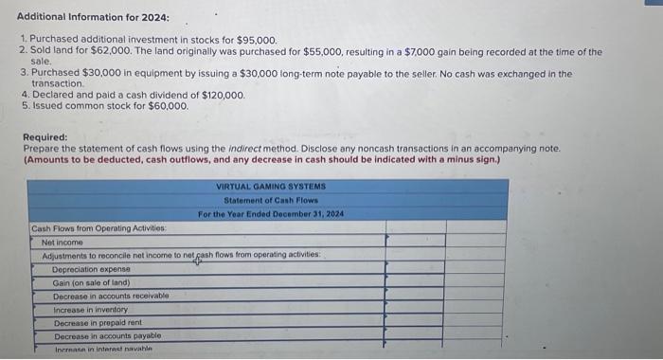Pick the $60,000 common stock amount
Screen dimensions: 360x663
pyautogui.click(x=169, y=106)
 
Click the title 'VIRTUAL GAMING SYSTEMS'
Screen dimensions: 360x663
pyautogui.click(x=271, y=187)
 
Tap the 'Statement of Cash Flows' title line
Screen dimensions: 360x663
pyautogui.click(x=271, y=200)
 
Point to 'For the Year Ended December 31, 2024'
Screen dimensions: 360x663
pyautogui.click(x=271, y=213)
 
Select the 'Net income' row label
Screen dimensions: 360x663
pyautogui.click(x=62, y=243)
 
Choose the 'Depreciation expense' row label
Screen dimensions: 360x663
pyautogui.click(x=92, y=269)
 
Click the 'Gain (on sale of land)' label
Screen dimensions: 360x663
pyautogui.click(x=91, y=282)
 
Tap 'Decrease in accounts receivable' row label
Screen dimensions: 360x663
pyautogui.click(x=111, y=296)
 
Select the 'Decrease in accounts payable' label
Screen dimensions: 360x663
pyautogui.click(x=107, y=335)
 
